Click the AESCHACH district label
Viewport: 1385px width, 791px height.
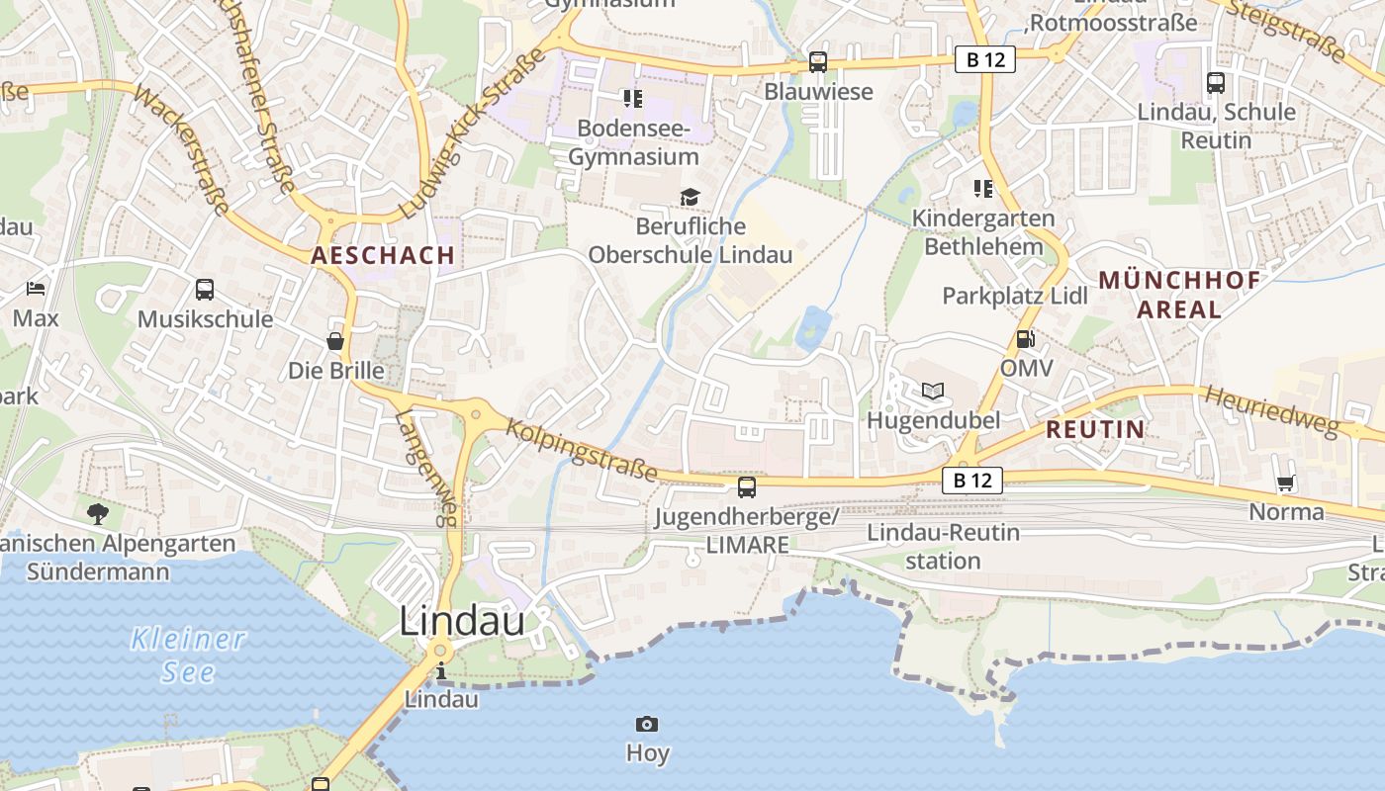pos(383,255)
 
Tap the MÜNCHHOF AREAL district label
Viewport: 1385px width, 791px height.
pos(1179,295)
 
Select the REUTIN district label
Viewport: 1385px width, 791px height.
pos(1095,429)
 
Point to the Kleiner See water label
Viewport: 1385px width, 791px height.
pos(187,655)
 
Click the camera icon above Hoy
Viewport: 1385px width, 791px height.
pos(647,725)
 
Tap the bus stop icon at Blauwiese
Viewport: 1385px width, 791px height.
pos(818,62)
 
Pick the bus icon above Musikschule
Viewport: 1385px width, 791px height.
pos(205,290)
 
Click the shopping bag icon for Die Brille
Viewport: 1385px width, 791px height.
pos(335,341)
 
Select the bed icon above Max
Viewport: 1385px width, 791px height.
pos(36,289)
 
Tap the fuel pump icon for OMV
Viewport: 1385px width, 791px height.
pos(1026,339)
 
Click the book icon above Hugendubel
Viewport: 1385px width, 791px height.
pos(933,391)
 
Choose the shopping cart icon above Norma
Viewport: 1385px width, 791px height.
pos(1285,483)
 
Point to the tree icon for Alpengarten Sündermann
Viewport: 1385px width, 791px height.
pos(97,513)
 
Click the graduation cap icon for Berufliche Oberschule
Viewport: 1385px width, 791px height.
pos(690,198)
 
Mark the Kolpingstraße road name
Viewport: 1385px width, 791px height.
pos(582,450)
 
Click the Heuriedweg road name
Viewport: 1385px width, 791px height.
pos(1270,410)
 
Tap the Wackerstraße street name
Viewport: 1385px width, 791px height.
pos(182,149)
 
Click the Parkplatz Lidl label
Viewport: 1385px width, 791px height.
pos(1015,296)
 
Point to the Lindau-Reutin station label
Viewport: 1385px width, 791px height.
pos(943,547)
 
